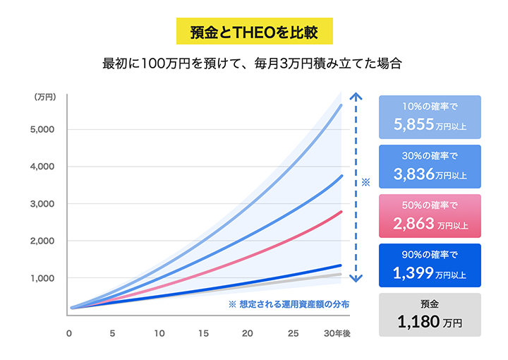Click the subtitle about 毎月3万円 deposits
(253, 63)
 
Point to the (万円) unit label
(44, 97)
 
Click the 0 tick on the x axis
(69, 333)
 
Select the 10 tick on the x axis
(159, 333)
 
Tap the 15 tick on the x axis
(205, 333)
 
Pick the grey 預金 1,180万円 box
(430, 314)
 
